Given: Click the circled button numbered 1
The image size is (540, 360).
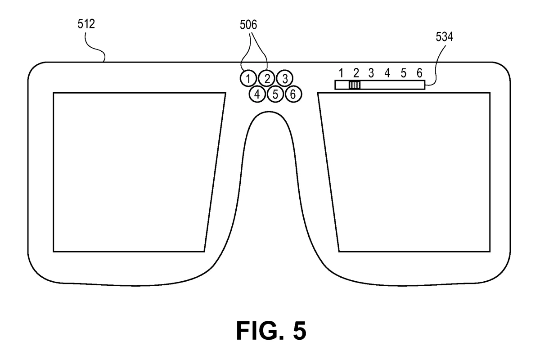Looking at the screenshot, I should (x=248, y=78).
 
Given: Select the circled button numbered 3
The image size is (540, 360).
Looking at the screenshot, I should (x=284, y=78).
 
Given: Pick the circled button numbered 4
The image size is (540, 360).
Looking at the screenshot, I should (x=257, y=94).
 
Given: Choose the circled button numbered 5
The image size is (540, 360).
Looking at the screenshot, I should (x=275, y=94).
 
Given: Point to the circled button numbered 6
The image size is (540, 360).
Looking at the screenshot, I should (x=293, y=94).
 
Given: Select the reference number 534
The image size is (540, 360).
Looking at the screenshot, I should (x=444, y=38).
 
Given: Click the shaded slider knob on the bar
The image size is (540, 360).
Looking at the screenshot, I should (x=355, y=85).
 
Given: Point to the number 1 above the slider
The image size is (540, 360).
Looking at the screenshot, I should (x=341, y=72).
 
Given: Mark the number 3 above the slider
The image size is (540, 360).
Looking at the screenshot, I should (x=371, y=72).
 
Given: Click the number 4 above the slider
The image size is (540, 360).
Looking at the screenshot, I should (x=387, y=72).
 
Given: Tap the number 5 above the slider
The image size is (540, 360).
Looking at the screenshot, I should (x=403, y=72).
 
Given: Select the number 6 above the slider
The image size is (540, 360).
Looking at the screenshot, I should (x=419, y=72).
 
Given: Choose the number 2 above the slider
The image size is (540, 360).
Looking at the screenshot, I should (x=355, y=72).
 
